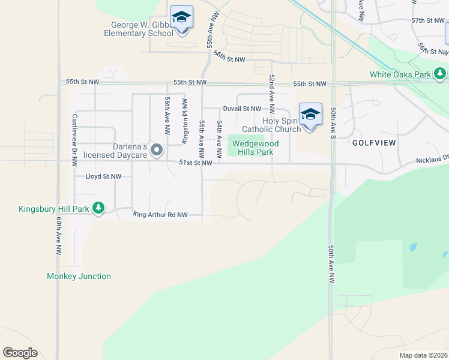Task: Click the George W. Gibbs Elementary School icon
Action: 181,18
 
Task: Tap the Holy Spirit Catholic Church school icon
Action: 310,114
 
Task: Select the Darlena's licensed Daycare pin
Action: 157,150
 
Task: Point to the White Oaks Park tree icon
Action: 441,74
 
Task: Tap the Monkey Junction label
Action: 79,276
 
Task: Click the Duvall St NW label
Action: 242,109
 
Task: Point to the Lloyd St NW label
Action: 103,176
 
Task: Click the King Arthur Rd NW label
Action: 160,214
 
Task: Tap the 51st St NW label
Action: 196,163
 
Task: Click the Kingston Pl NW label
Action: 185,119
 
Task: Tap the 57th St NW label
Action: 427,20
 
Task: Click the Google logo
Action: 20,352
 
